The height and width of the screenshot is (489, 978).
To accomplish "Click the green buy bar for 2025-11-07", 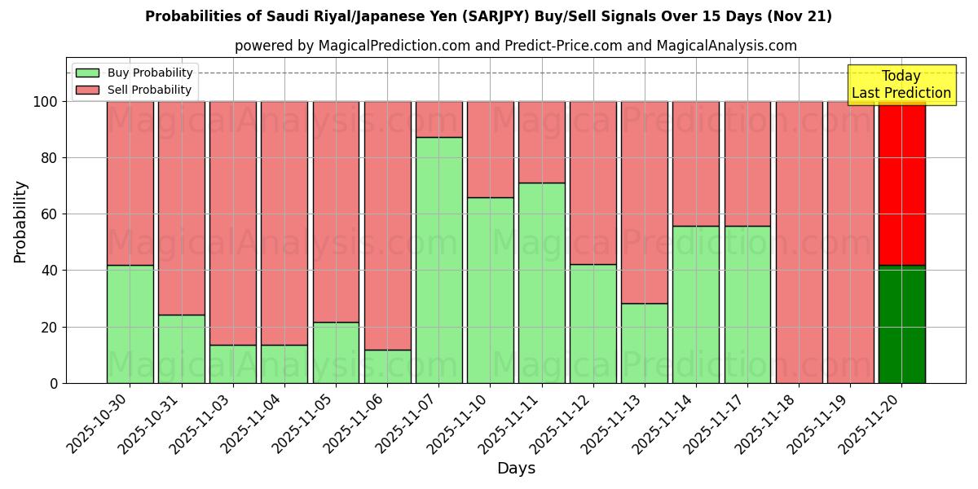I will (438, 260).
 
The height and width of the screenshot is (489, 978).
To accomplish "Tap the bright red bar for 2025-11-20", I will (901, 183).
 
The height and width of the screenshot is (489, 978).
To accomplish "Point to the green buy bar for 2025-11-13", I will (644, 343).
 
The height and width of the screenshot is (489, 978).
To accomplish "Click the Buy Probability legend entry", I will (134, 73).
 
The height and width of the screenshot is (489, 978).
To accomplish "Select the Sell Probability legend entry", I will (134, 90).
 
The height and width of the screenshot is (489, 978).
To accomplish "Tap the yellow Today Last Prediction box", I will (901, 85).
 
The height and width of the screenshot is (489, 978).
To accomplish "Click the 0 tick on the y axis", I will (54, 383).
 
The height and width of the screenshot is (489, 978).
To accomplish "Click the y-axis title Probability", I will (20, 222).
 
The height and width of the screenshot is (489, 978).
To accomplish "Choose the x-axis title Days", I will (516, 469).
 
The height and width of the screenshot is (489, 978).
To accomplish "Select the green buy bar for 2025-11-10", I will (490, 290).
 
